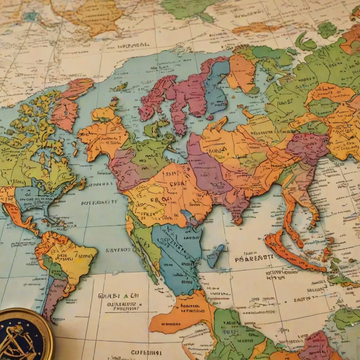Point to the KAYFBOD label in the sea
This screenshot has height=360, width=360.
coord(118,250)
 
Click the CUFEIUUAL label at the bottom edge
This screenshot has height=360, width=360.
coord(146,352)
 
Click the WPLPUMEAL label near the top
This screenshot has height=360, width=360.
coord(133,45)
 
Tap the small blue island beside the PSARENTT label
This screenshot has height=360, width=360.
coord(215,256)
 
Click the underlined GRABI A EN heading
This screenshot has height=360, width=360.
coord(118,296)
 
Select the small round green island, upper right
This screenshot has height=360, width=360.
coord(327,30)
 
